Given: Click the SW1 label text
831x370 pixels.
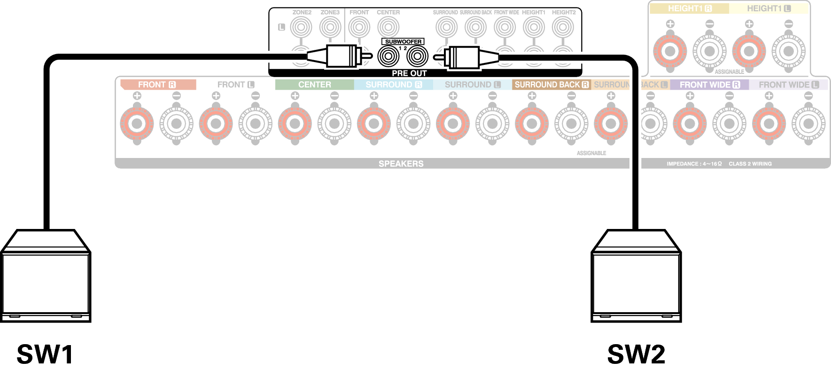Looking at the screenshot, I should click(45, 354).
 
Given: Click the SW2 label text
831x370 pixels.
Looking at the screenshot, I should click(636, 354).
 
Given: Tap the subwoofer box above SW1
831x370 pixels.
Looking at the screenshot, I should click(46, 282).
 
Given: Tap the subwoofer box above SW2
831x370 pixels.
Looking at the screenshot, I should click(636, 282).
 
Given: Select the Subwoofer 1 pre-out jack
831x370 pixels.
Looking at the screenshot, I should click(388, 57).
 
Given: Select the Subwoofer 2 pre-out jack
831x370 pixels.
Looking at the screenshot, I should click(417, 57).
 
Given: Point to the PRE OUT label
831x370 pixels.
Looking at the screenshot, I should click(409, 73).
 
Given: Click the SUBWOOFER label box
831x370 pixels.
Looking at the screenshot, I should click(403, 41).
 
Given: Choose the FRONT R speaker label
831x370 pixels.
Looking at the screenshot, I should click(157, 85).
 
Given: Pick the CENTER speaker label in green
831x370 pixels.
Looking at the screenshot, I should click(314, 85).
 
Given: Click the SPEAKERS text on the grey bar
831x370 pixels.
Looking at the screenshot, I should click(401, 164).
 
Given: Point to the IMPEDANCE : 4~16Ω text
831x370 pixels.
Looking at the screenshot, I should click(694, 164).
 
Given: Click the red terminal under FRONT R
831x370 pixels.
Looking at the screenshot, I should click(137, 124).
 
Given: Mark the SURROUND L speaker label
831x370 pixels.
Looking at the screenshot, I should click(472, 85).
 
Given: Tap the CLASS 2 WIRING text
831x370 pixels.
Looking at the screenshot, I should click(750, 164).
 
